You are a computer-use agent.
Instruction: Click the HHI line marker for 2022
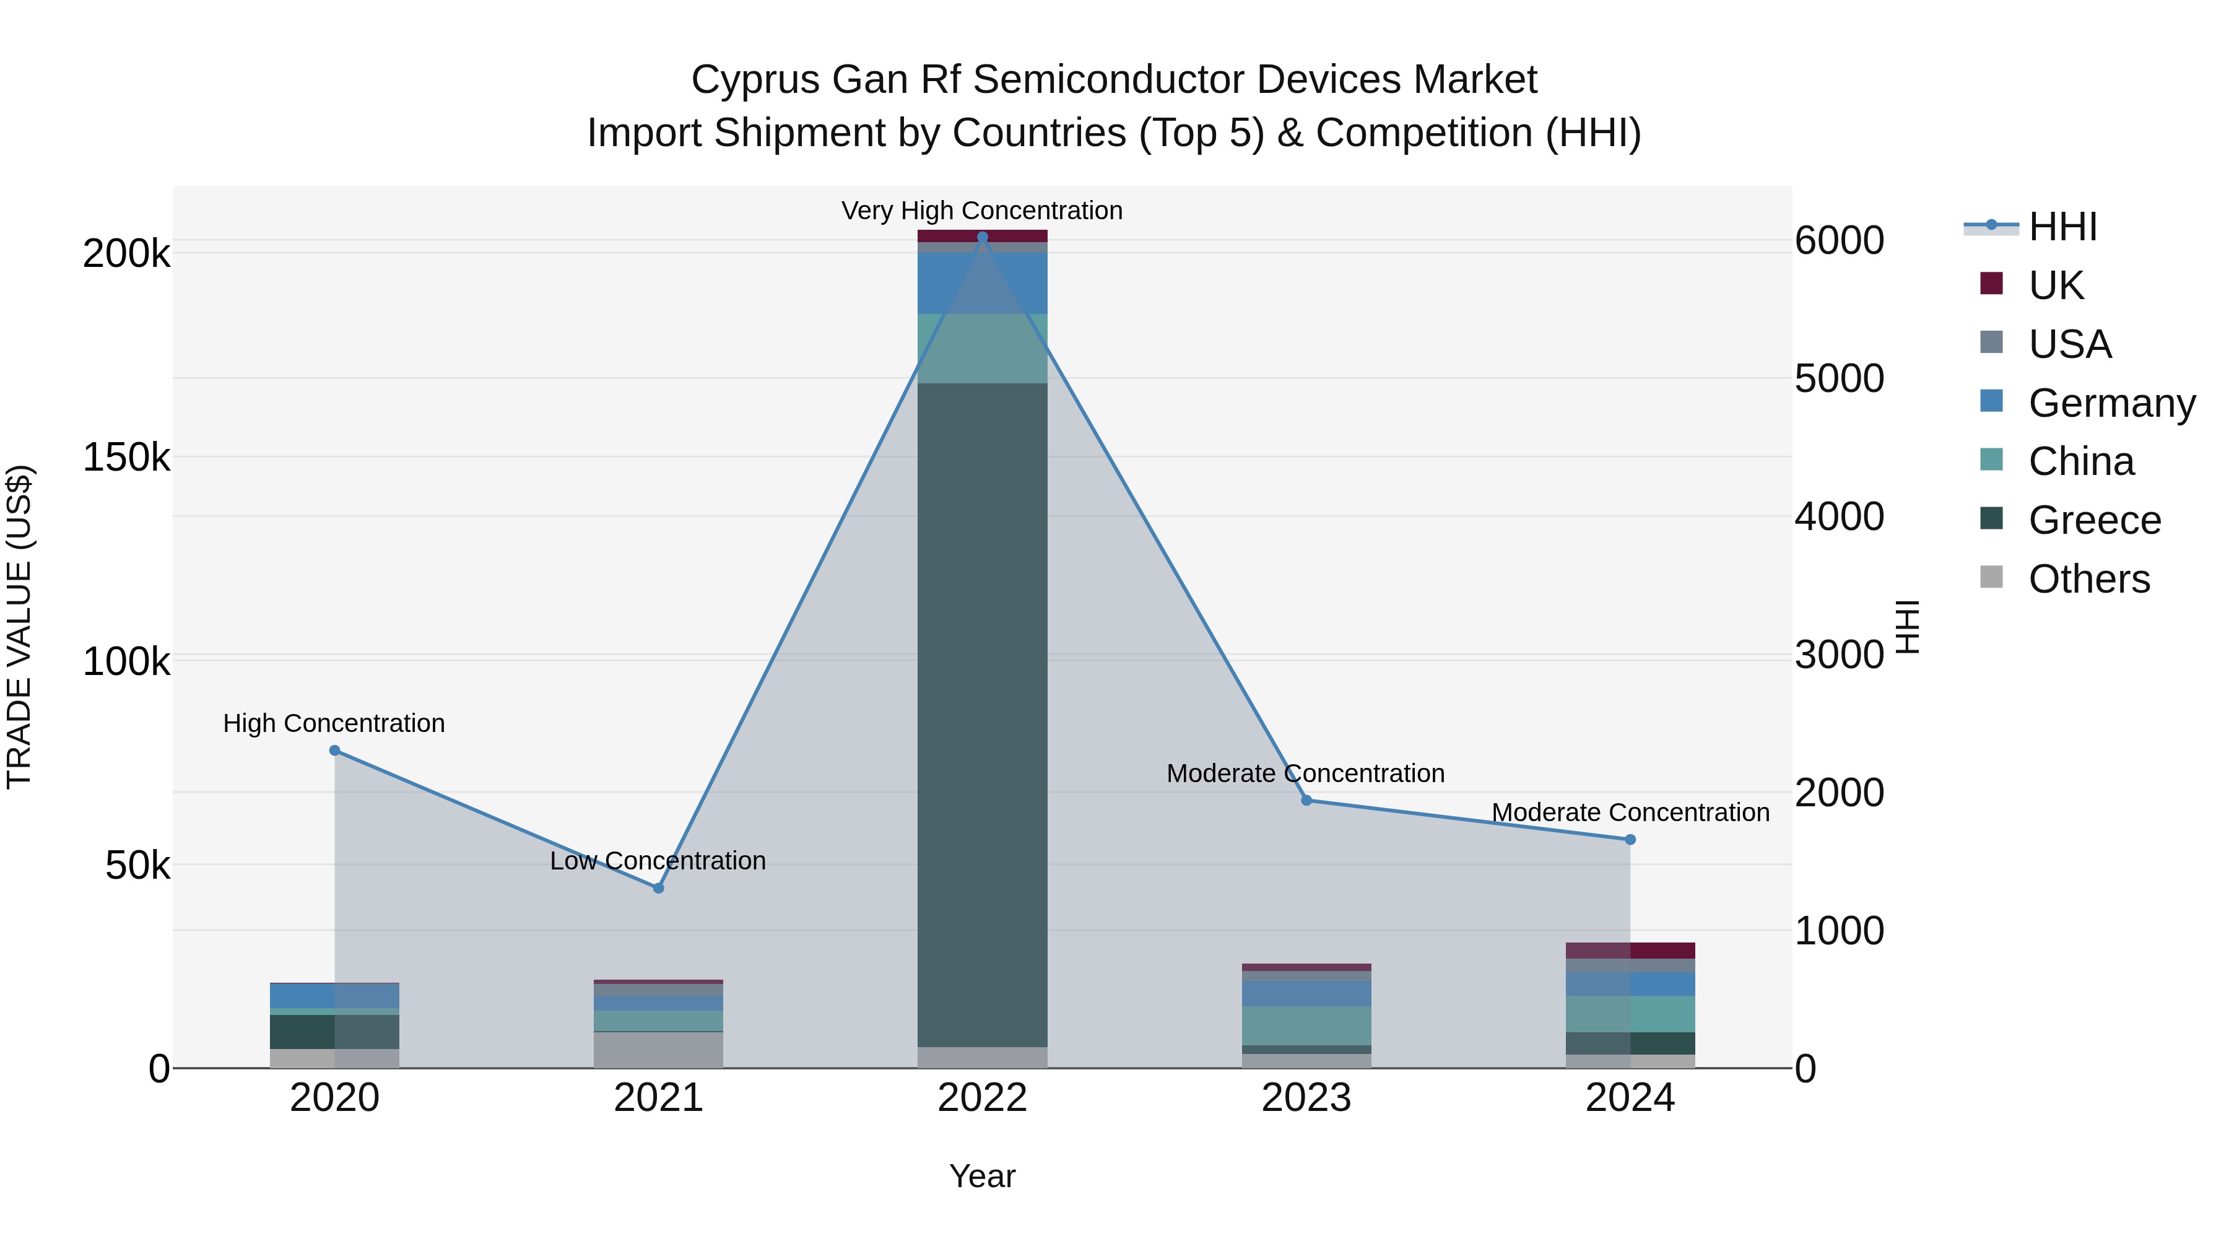pyautogui.click(x=982, y=237)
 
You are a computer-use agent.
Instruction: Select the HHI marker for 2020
pyautogui.click(x=335, y=751)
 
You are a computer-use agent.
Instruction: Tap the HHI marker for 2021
pyautogui.click(x=659, y=888)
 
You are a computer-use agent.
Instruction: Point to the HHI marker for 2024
pyautogui.click(x=1630, y=840)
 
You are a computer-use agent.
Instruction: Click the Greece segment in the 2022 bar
pyautogui.click(x=982, y=714)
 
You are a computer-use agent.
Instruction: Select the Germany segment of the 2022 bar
pyautogui.click(x=982, y=283)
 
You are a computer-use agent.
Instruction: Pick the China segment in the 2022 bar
pyautogui.click(x=982, y=348)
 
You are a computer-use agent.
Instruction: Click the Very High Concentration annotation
pyautogui.click(x=982, y=211)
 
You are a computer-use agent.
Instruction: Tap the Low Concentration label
pyautogui.click(x=659, y=861)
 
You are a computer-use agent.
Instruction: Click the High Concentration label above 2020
pyautogui.click(x=334, y=723)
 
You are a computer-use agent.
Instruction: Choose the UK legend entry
pyautogui.click(x=2055, y=285)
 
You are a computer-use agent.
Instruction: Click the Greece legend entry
pyautogui.click(x=2094, y=520)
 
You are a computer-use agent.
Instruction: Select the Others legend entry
pyautogui.click(x=2089, y=579)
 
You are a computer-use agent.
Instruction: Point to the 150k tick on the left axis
pyautogui.click(x=126, y=457)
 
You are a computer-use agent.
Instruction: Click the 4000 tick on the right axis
pyautogui.click(x=1839, y=516)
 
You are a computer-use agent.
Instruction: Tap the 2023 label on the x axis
pyautogui.click(x=1306, y=1098)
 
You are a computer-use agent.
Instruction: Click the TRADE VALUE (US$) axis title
pyautogui.click(x=19, y=627)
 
